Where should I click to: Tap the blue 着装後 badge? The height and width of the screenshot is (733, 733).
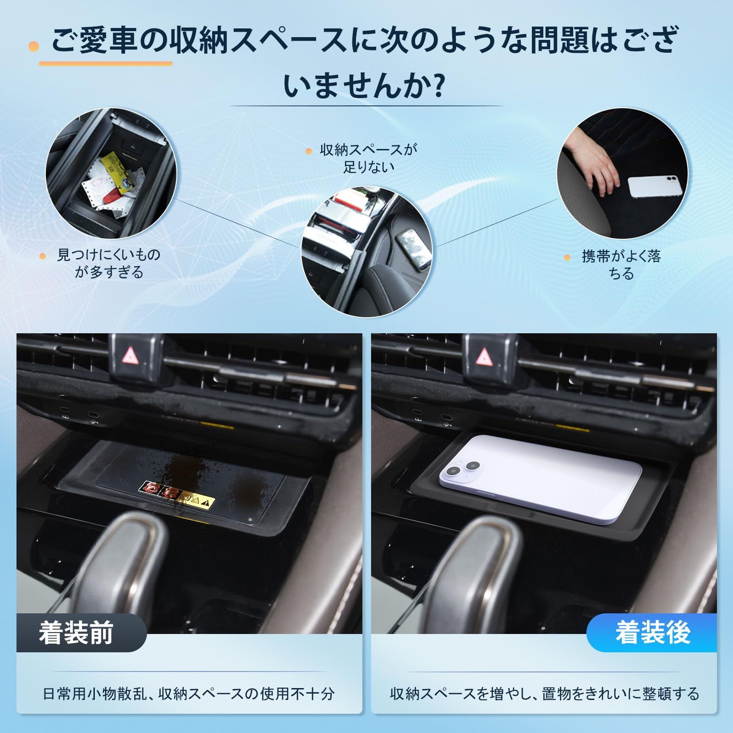(x=652, y=633)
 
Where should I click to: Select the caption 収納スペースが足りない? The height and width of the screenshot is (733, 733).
(x=368, y=158)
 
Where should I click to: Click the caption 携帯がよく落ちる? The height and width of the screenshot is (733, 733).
(x=621, y=265)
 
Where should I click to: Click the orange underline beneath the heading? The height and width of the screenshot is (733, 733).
(x=106, y=63)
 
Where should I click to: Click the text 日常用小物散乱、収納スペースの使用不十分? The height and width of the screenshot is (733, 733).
(x=188, y=694)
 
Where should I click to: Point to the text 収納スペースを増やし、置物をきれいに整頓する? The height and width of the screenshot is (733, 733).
(x=544, y=694)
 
